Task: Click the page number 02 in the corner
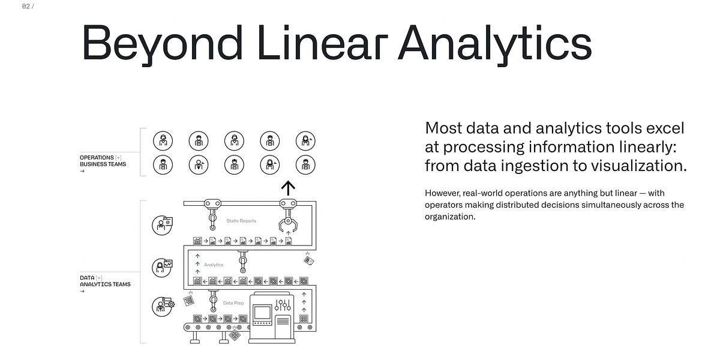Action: (x=26, y=7)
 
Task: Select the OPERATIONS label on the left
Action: (x=97, y=158)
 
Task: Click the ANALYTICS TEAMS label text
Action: (x=105, y=284)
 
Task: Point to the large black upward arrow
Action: (x=289, y=188)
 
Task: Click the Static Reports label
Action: (x=241, y=221)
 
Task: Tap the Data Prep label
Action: (x=233, y=303)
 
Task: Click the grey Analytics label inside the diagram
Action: (x=214, y=265)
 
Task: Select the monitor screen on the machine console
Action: (x=262, y=313)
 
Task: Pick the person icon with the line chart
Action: (x=162, y=266)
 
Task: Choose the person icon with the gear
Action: (x=162, y=306)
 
